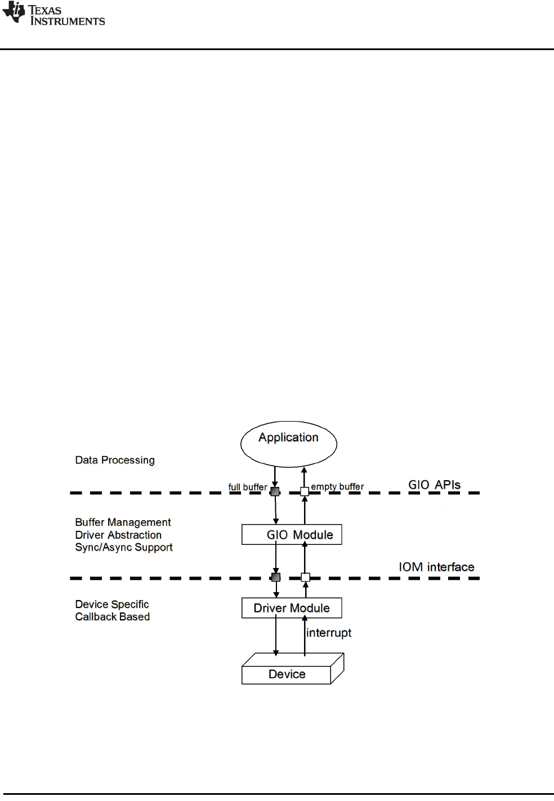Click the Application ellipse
[288, 444]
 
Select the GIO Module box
[292, 535]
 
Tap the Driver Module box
[292, 608]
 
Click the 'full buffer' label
[247, 487]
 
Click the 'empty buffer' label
[337, 486]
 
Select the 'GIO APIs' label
[434, 485]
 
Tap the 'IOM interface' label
[436, 567]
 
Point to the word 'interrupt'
[329, 633]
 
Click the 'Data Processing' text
[115, 460]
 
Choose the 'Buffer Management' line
[123, 522]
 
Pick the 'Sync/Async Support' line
[124, 547]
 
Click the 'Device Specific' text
[112, 604]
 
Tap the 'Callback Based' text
[113, 616]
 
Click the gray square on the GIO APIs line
[275, 491]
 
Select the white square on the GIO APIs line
[305, 491]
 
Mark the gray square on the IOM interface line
[276, 577]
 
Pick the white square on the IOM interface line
[305, 577]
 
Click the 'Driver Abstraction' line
[118, 535]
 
